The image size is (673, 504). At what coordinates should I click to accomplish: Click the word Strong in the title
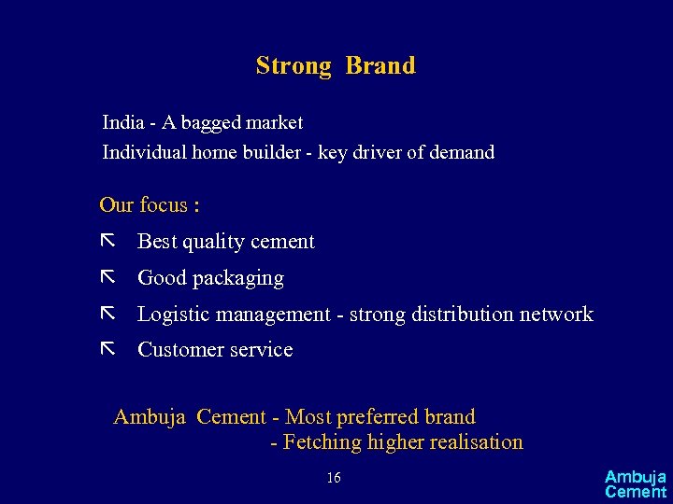coord(294,66)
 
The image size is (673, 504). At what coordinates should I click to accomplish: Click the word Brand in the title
coord(380,66)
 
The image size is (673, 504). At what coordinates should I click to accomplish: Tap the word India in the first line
coord(122,122)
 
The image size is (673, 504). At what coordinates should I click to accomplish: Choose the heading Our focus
coord(150,204)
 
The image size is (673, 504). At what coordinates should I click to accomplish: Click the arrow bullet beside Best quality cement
coord(107,241)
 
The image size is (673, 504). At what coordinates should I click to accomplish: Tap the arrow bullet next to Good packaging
coord(107,277)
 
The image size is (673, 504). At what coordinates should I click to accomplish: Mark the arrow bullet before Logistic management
coord(107,314)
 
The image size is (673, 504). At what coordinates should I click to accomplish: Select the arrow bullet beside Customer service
coord(107,349)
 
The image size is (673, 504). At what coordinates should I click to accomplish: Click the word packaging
coord(238,279)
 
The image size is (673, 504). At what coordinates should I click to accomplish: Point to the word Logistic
coord(174,315)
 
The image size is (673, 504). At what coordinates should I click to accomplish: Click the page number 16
coord(334,479)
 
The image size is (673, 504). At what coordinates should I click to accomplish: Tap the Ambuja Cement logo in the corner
coord(636,484)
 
